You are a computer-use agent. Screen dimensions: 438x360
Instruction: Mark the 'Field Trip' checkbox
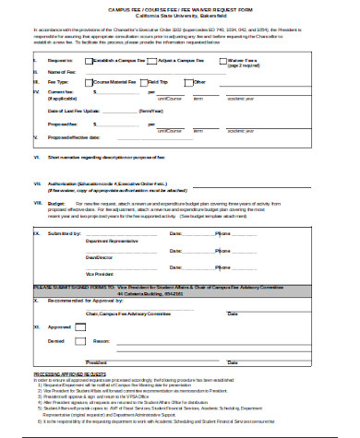(x=144, y=82)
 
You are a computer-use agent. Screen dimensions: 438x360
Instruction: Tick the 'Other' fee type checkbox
(x=189, y=82)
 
